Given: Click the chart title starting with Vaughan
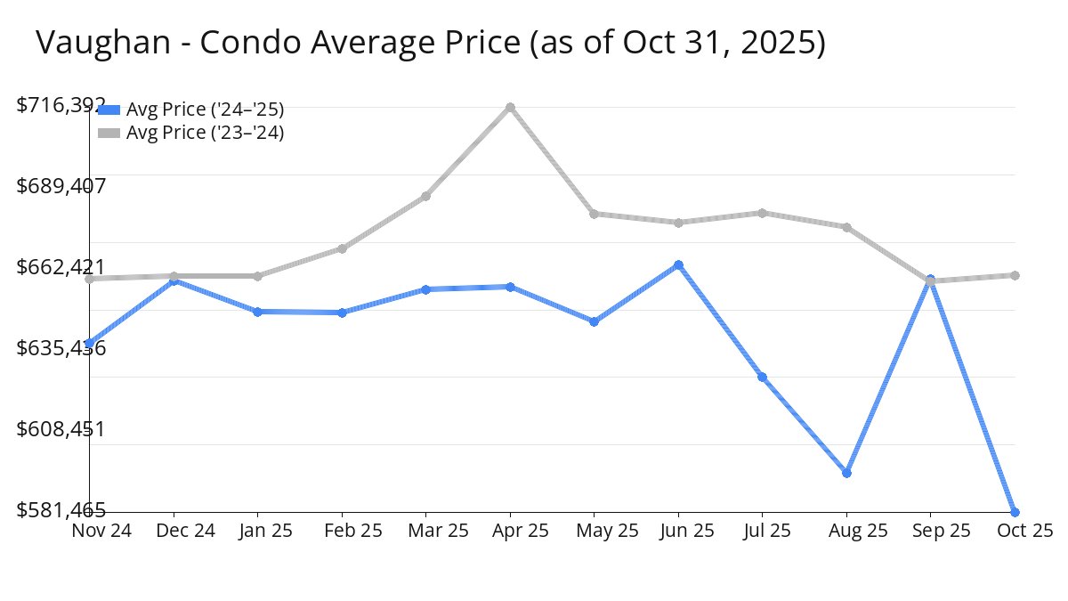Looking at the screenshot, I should click(431, 43).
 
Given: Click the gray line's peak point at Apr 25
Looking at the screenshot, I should click(510, 108).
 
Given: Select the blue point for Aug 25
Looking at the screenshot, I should click(846, 473).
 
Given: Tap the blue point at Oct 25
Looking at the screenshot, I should click(1015, 512).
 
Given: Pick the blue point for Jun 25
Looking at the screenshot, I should click(678, 265).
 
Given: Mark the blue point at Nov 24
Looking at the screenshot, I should click(90, 344).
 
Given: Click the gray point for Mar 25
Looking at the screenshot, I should click(426, 196).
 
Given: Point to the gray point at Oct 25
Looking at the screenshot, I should click(1015, 275).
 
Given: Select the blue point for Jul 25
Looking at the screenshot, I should click(763, 378).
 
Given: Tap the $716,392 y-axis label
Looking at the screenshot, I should click(61, 105).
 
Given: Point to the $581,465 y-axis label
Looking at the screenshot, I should click(61, 510).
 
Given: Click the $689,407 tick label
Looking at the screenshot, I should click(61, 186).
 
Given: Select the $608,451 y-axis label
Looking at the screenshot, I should click(61, 429).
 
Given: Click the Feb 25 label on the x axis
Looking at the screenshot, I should click(342, 531).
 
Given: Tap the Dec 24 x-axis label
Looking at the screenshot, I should click(174, 531).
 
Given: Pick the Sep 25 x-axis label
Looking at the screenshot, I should click(930, 531).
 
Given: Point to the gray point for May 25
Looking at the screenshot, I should click(595, 214).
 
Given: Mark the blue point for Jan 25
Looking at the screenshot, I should click(258, 312).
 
